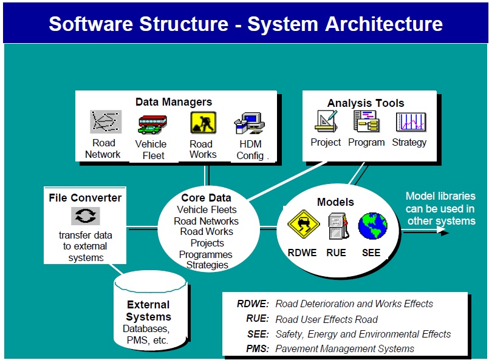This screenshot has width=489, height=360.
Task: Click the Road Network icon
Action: (x=106, y=121)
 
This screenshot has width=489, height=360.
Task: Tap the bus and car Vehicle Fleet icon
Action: (x=152, y=124)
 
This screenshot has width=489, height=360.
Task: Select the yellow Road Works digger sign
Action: (x=203, y=123)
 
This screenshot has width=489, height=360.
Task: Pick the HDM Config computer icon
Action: (x=250, y=123)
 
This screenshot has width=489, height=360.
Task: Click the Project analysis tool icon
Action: (x=326, y=121)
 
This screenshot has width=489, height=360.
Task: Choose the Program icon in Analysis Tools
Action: (x=367, y=121)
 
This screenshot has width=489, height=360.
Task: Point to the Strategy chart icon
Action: (x=411, y=122)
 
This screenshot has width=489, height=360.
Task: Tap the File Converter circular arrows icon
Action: (x=86, y=216)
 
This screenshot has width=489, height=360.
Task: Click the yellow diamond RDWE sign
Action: (x=304, y=224)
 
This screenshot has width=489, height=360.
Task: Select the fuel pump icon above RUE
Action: (x=338, y=226)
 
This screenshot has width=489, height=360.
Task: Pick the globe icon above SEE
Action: (x=373, y=226)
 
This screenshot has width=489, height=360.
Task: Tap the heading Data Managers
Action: (x=174, y=102)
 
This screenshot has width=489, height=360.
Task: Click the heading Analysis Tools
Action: (x=366, y=103)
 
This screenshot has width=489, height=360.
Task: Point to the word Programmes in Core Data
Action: (x=206, y=254)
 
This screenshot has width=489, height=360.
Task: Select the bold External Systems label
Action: (x=148, y=310)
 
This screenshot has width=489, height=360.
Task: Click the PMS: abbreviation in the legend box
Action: (x=258, y=348)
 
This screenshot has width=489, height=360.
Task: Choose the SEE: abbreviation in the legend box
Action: (x=258, y=334)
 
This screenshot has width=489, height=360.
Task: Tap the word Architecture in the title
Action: (x=384, y=24)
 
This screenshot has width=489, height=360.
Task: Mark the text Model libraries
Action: (x=440, y=196)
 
